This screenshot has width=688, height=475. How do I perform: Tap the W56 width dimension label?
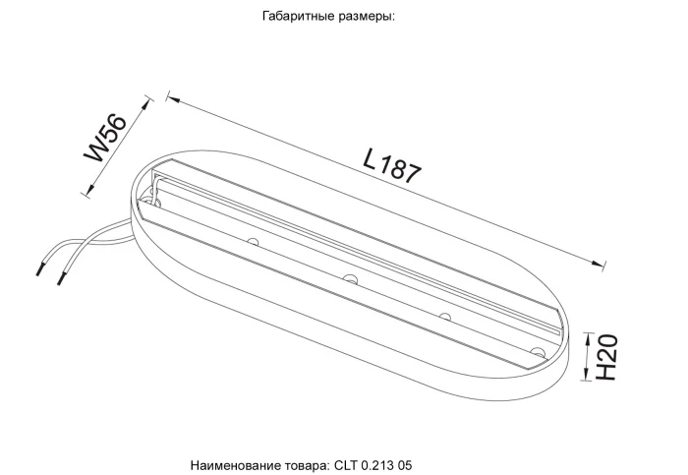pos(107,137)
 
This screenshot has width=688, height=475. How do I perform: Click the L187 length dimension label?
pos(392,164)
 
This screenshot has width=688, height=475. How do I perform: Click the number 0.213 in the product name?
pos(378,461)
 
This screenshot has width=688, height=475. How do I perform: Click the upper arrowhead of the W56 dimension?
pos(146,101)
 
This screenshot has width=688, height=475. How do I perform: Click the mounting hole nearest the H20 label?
pos(537,350)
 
